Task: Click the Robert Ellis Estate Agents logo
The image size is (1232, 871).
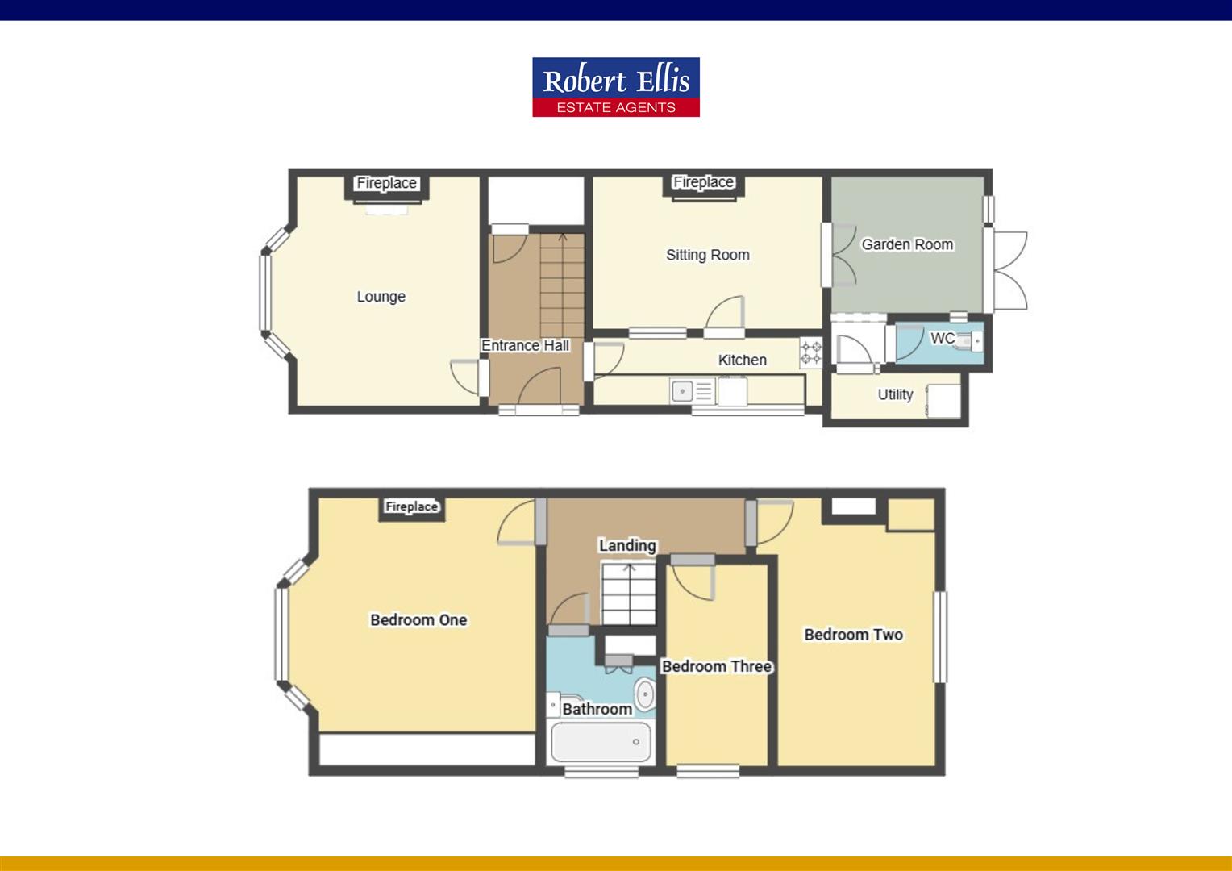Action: tap(616, 87)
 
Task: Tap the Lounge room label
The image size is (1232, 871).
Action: tap(381, 297)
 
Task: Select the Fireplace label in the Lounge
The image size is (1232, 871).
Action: tap(387, 183)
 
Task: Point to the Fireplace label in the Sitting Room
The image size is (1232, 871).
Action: tap(703, 182)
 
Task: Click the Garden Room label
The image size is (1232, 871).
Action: tap(907, 244)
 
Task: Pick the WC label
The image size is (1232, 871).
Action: tap(943, 338)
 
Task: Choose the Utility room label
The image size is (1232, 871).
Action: tap(895, 394)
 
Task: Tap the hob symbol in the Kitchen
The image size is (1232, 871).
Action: tap(810, 352)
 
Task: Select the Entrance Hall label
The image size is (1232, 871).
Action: tap(525, 345)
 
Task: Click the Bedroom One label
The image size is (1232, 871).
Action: tap(418, 620)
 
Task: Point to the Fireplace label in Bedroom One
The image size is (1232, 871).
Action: tap(411, 506)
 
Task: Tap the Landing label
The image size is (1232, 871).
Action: tap(627, 545)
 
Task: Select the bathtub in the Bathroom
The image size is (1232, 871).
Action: tap(601, 742)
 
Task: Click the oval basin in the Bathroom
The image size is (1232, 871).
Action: tap(645, 694)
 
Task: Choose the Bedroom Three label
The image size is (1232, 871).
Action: tap(717, 666)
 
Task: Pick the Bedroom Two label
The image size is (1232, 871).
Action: tap(854, 635)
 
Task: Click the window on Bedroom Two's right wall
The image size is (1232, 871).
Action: tap(940, 636)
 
